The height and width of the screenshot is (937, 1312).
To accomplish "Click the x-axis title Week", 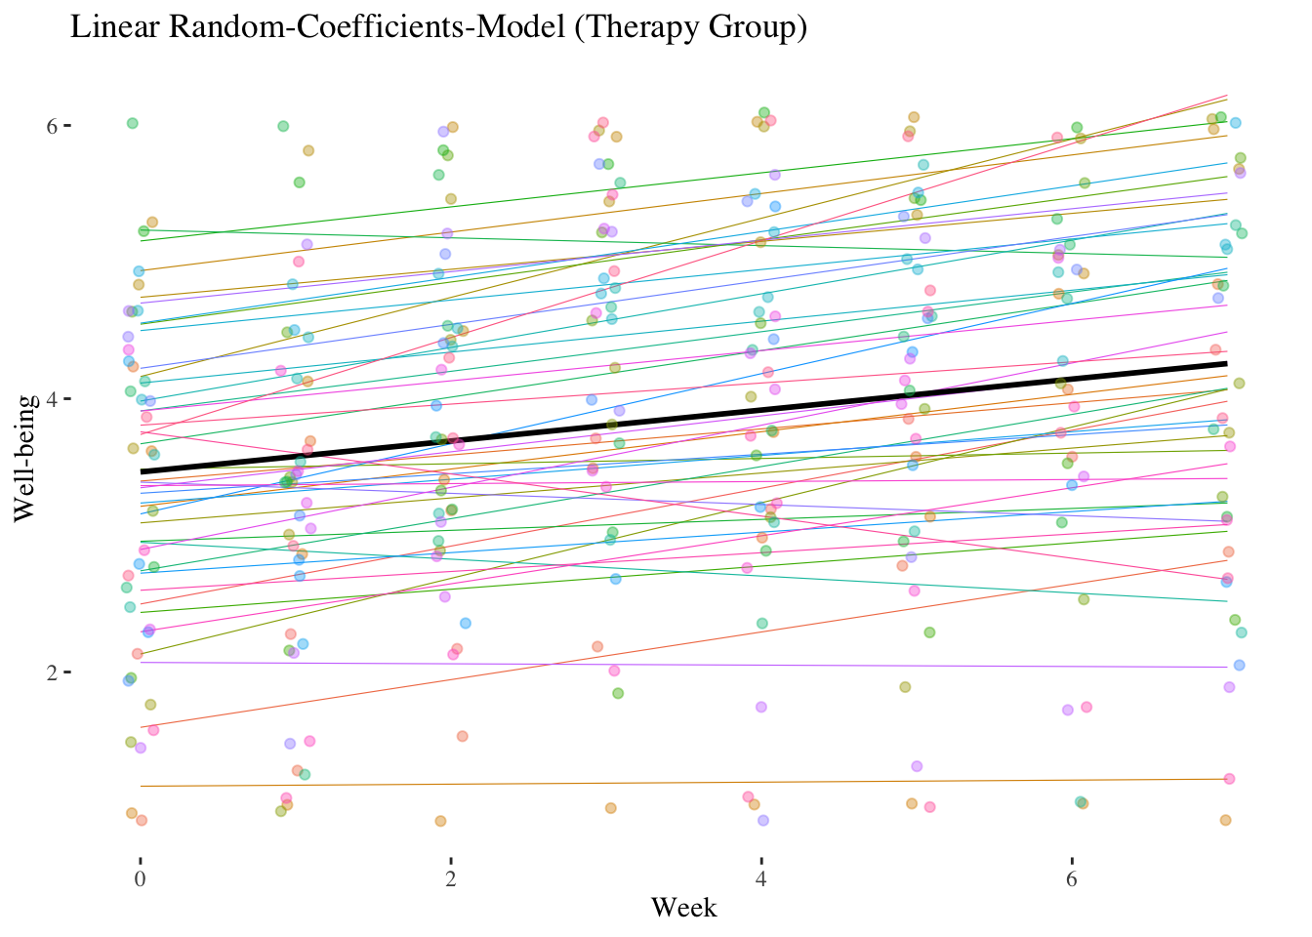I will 683,909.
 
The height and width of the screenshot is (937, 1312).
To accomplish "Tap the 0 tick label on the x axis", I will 141,878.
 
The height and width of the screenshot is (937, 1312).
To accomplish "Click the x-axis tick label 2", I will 451,878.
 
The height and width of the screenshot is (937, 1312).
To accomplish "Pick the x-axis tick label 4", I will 761,878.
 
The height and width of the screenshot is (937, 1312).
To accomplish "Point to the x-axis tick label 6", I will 1072,878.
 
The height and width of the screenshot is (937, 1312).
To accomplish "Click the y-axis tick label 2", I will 53,672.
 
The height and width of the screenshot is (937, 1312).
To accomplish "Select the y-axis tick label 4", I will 53,399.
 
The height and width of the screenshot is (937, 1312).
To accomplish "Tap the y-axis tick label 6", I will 53,126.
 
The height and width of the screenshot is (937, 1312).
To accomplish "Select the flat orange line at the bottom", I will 683,782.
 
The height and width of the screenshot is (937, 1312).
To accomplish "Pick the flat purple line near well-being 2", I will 683,665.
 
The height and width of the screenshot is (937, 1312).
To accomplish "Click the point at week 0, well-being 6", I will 133,123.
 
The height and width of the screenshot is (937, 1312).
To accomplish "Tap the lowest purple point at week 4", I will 763,820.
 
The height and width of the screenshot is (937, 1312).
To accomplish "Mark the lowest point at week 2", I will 440,821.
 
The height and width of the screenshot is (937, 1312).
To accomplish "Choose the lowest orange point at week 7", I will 1225,820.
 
